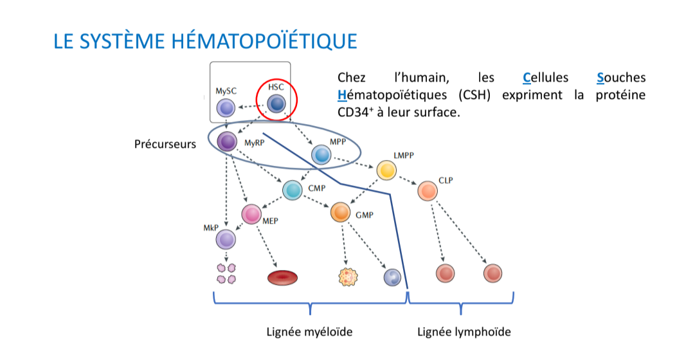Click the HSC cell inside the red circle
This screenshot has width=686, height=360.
click(x=276, y=103)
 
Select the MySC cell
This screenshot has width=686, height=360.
click(x=225, y=108)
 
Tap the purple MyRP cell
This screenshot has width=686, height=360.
click(x=227, y=142)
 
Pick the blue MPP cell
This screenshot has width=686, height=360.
click(x=321, y=154)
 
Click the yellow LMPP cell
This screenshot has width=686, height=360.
click(x=386, y=170)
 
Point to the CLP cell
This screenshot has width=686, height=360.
click(x=427, y=190)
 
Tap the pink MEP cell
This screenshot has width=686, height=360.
click(x=251, y=215)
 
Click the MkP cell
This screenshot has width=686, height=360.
click(x=226, y=240)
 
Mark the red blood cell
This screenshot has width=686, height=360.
click(x=282, y=277)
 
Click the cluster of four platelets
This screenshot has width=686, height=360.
click(x=226, y=273)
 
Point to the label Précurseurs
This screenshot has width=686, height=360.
click(x=165, y=144)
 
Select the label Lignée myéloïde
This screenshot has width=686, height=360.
click(x=310, y=332)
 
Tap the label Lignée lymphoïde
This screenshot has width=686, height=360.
click(x=464, y=332)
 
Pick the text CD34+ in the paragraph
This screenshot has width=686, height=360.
click(x=354, y=112)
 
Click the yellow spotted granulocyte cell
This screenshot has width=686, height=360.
click(x=347, y=276)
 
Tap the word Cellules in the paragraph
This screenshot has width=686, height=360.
click(x=546, y=78)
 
